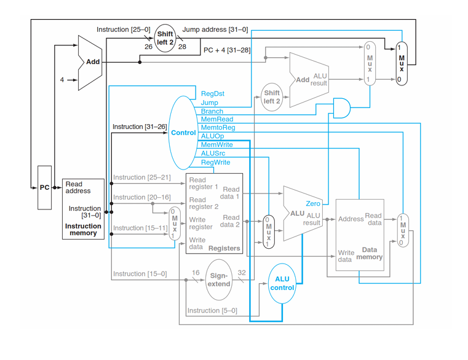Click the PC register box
(45, 187)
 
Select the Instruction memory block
(83, 209)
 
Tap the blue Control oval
(183, 132)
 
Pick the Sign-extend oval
(219, 280)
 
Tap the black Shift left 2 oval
(165, 37)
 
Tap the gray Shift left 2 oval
(272, 97)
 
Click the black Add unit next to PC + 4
(90, 62)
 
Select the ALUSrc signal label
(213, 153)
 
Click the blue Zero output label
(312, 203)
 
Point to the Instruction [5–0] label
(212, 311)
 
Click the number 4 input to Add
(61, 80)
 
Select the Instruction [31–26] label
(139, 127)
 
